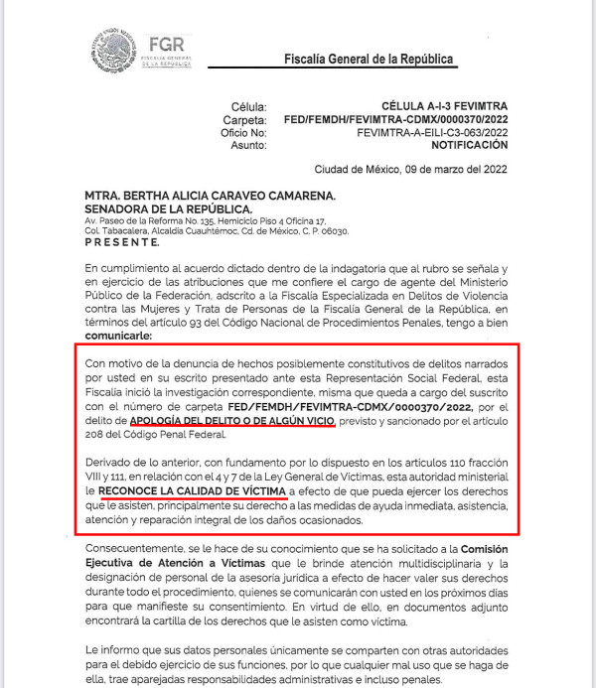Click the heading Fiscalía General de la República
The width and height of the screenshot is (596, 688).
pyautogui.click(x=369, y=60)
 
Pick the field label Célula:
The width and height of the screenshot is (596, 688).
pyautogui.click(x=249, y=105)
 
